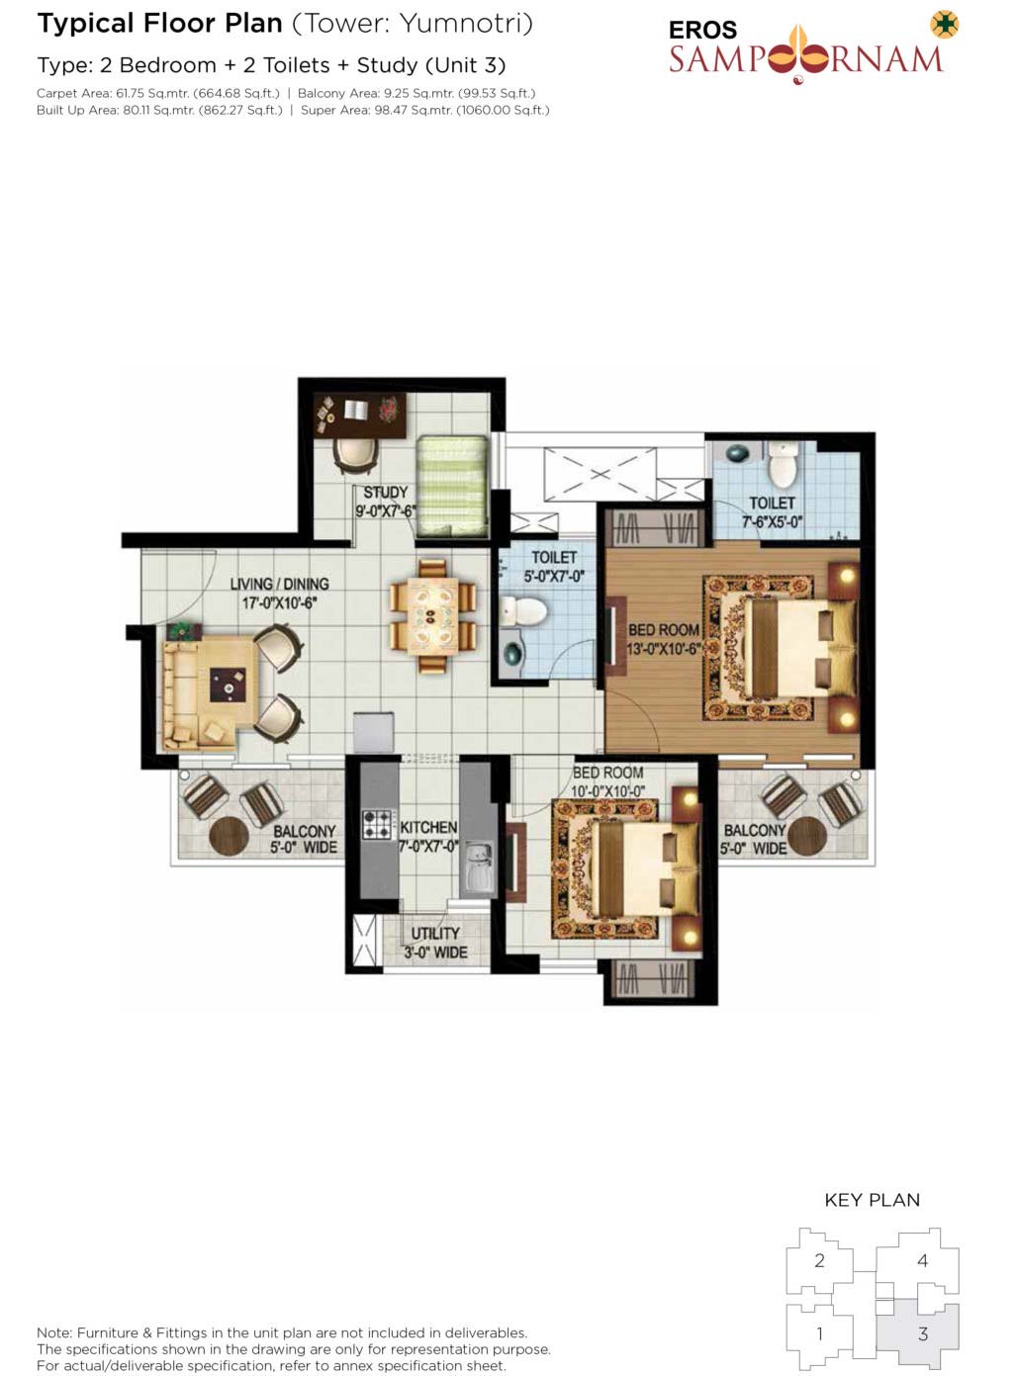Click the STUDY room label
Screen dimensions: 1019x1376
pos(386,492)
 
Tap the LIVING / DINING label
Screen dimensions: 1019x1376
pos(279,584)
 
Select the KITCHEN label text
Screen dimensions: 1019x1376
pos(428,828)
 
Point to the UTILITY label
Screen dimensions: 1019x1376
pos(435,933)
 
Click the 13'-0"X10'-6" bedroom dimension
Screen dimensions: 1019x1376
pos(664,649)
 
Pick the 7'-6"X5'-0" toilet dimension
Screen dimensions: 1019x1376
pos(772,521)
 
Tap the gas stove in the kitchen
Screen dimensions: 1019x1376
pos(378,824)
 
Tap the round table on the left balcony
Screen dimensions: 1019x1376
pos(229,836)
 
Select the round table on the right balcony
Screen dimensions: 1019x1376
pos(806,836)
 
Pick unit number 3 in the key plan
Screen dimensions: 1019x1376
pos(923,1333)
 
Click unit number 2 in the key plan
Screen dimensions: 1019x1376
pos(819,1260)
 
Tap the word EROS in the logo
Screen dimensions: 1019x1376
pos(702,30)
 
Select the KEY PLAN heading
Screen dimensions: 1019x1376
pos(872,1200)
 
